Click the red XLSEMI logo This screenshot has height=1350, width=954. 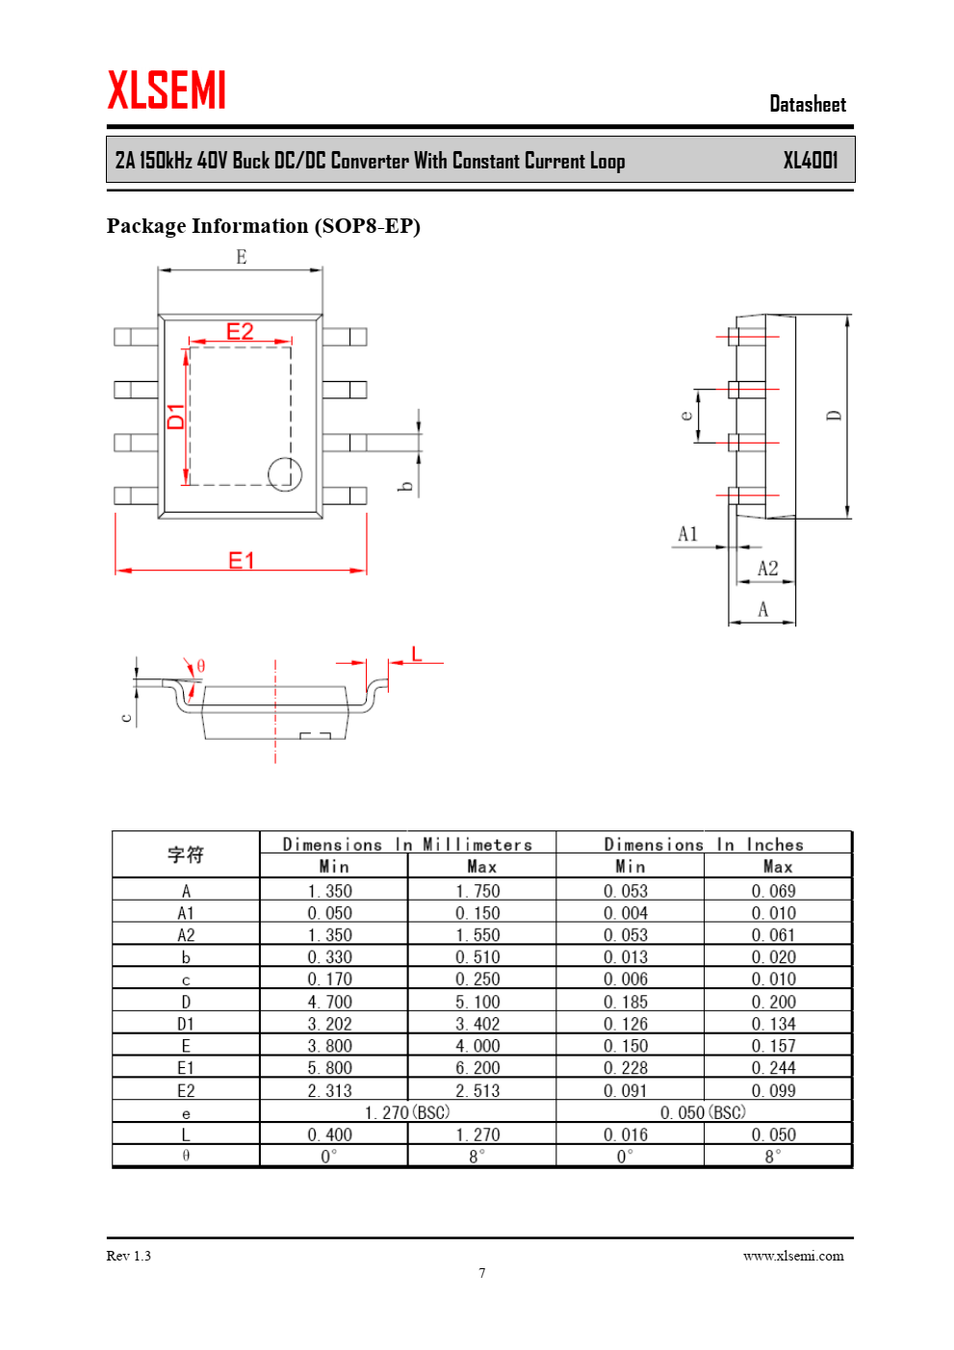167,89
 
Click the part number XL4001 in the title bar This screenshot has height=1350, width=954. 811,161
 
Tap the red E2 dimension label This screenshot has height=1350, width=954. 240,331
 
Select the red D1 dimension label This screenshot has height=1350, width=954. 175,417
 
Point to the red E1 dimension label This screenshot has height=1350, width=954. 242,561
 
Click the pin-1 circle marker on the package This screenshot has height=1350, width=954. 285,474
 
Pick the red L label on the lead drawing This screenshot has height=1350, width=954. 416,654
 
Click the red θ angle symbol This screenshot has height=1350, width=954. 201,666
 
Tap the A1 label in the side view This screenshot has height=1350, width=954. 687,534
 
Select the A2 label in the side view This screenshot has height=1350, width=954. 767,569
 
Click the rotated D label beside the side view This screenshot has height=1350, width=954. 834,416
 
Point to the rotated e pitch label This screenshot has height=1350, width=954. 686,416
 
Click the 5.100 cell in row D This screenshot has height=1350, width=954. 477,1002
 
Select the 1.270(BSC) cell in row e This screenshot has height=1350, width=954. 407,1112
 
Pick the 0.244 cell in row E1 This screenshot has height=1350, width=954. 774,1068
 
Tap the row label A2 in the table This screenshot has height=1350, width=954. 186,935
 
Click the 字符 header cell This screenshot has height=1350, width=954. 186,854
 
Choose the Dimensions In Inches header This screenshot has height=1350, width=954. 704,845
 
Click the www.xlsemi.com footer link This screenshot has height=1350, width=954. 793,1256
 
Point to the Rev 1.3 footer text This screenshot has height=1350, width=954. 128,1256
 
